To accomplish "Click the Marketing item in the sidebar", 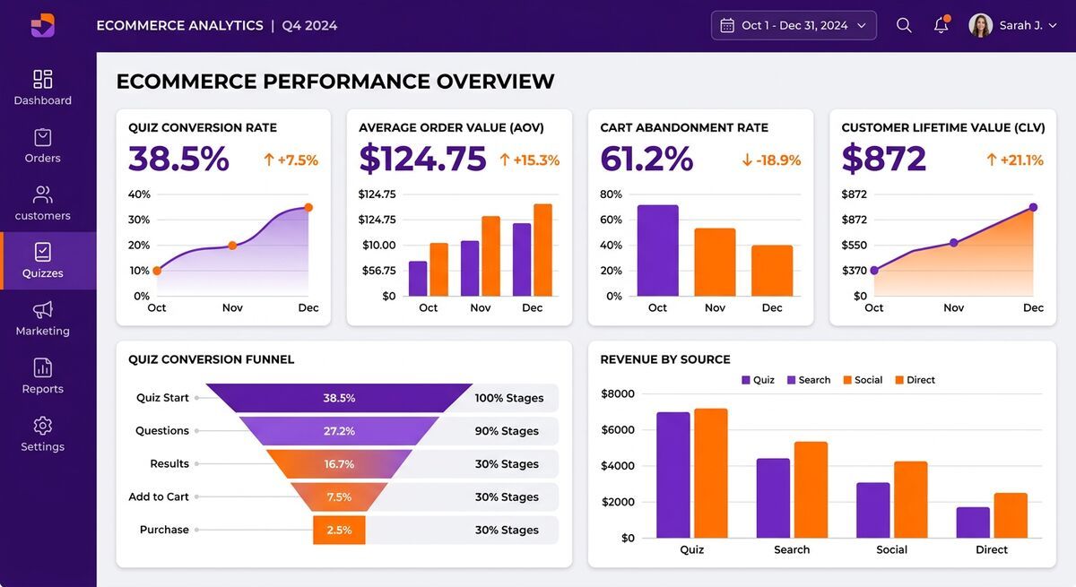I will [x=42, y=318].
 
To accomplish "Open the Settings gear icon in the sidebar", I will [x=42, y=426].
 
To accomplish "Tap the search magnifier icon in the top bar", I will [x=904, y=25].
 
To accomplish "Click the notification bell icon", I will [x=941, y=25].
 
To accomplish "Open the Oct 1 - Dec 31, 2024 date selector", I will [x=794, y=25].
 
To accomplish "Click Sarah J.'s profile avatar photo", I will [x=980, y=25].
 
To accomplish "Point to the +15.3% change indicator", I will [x=529, y=160].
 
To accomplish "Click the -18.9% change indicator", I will [x=770, y=160].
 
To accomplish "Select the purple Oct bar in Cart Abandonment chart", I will [x=657, y=251].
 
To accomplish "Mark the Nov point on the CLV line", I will [x=953, y=243].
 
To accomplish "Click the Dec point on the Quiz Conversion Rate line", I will [x=308, y=207].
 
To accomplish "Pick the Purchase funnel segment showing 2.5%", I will [x=339, y=530].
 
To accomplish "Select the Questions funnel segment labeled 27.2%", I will [x=339, y=431].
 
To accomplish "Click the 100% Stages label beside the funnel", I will [x=508, y=398].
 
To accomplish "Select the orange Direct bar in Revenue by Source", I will [x=1011, y=515].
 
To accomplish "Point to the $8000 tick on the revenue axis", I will [x=617, y=393].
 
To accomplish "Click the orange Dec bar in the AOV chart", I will [x=542, y=250].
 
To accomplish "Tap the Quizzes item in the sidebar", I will [x=42, y=261].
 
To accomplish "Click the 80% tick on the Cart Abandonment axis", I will [x=611, y=194].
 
